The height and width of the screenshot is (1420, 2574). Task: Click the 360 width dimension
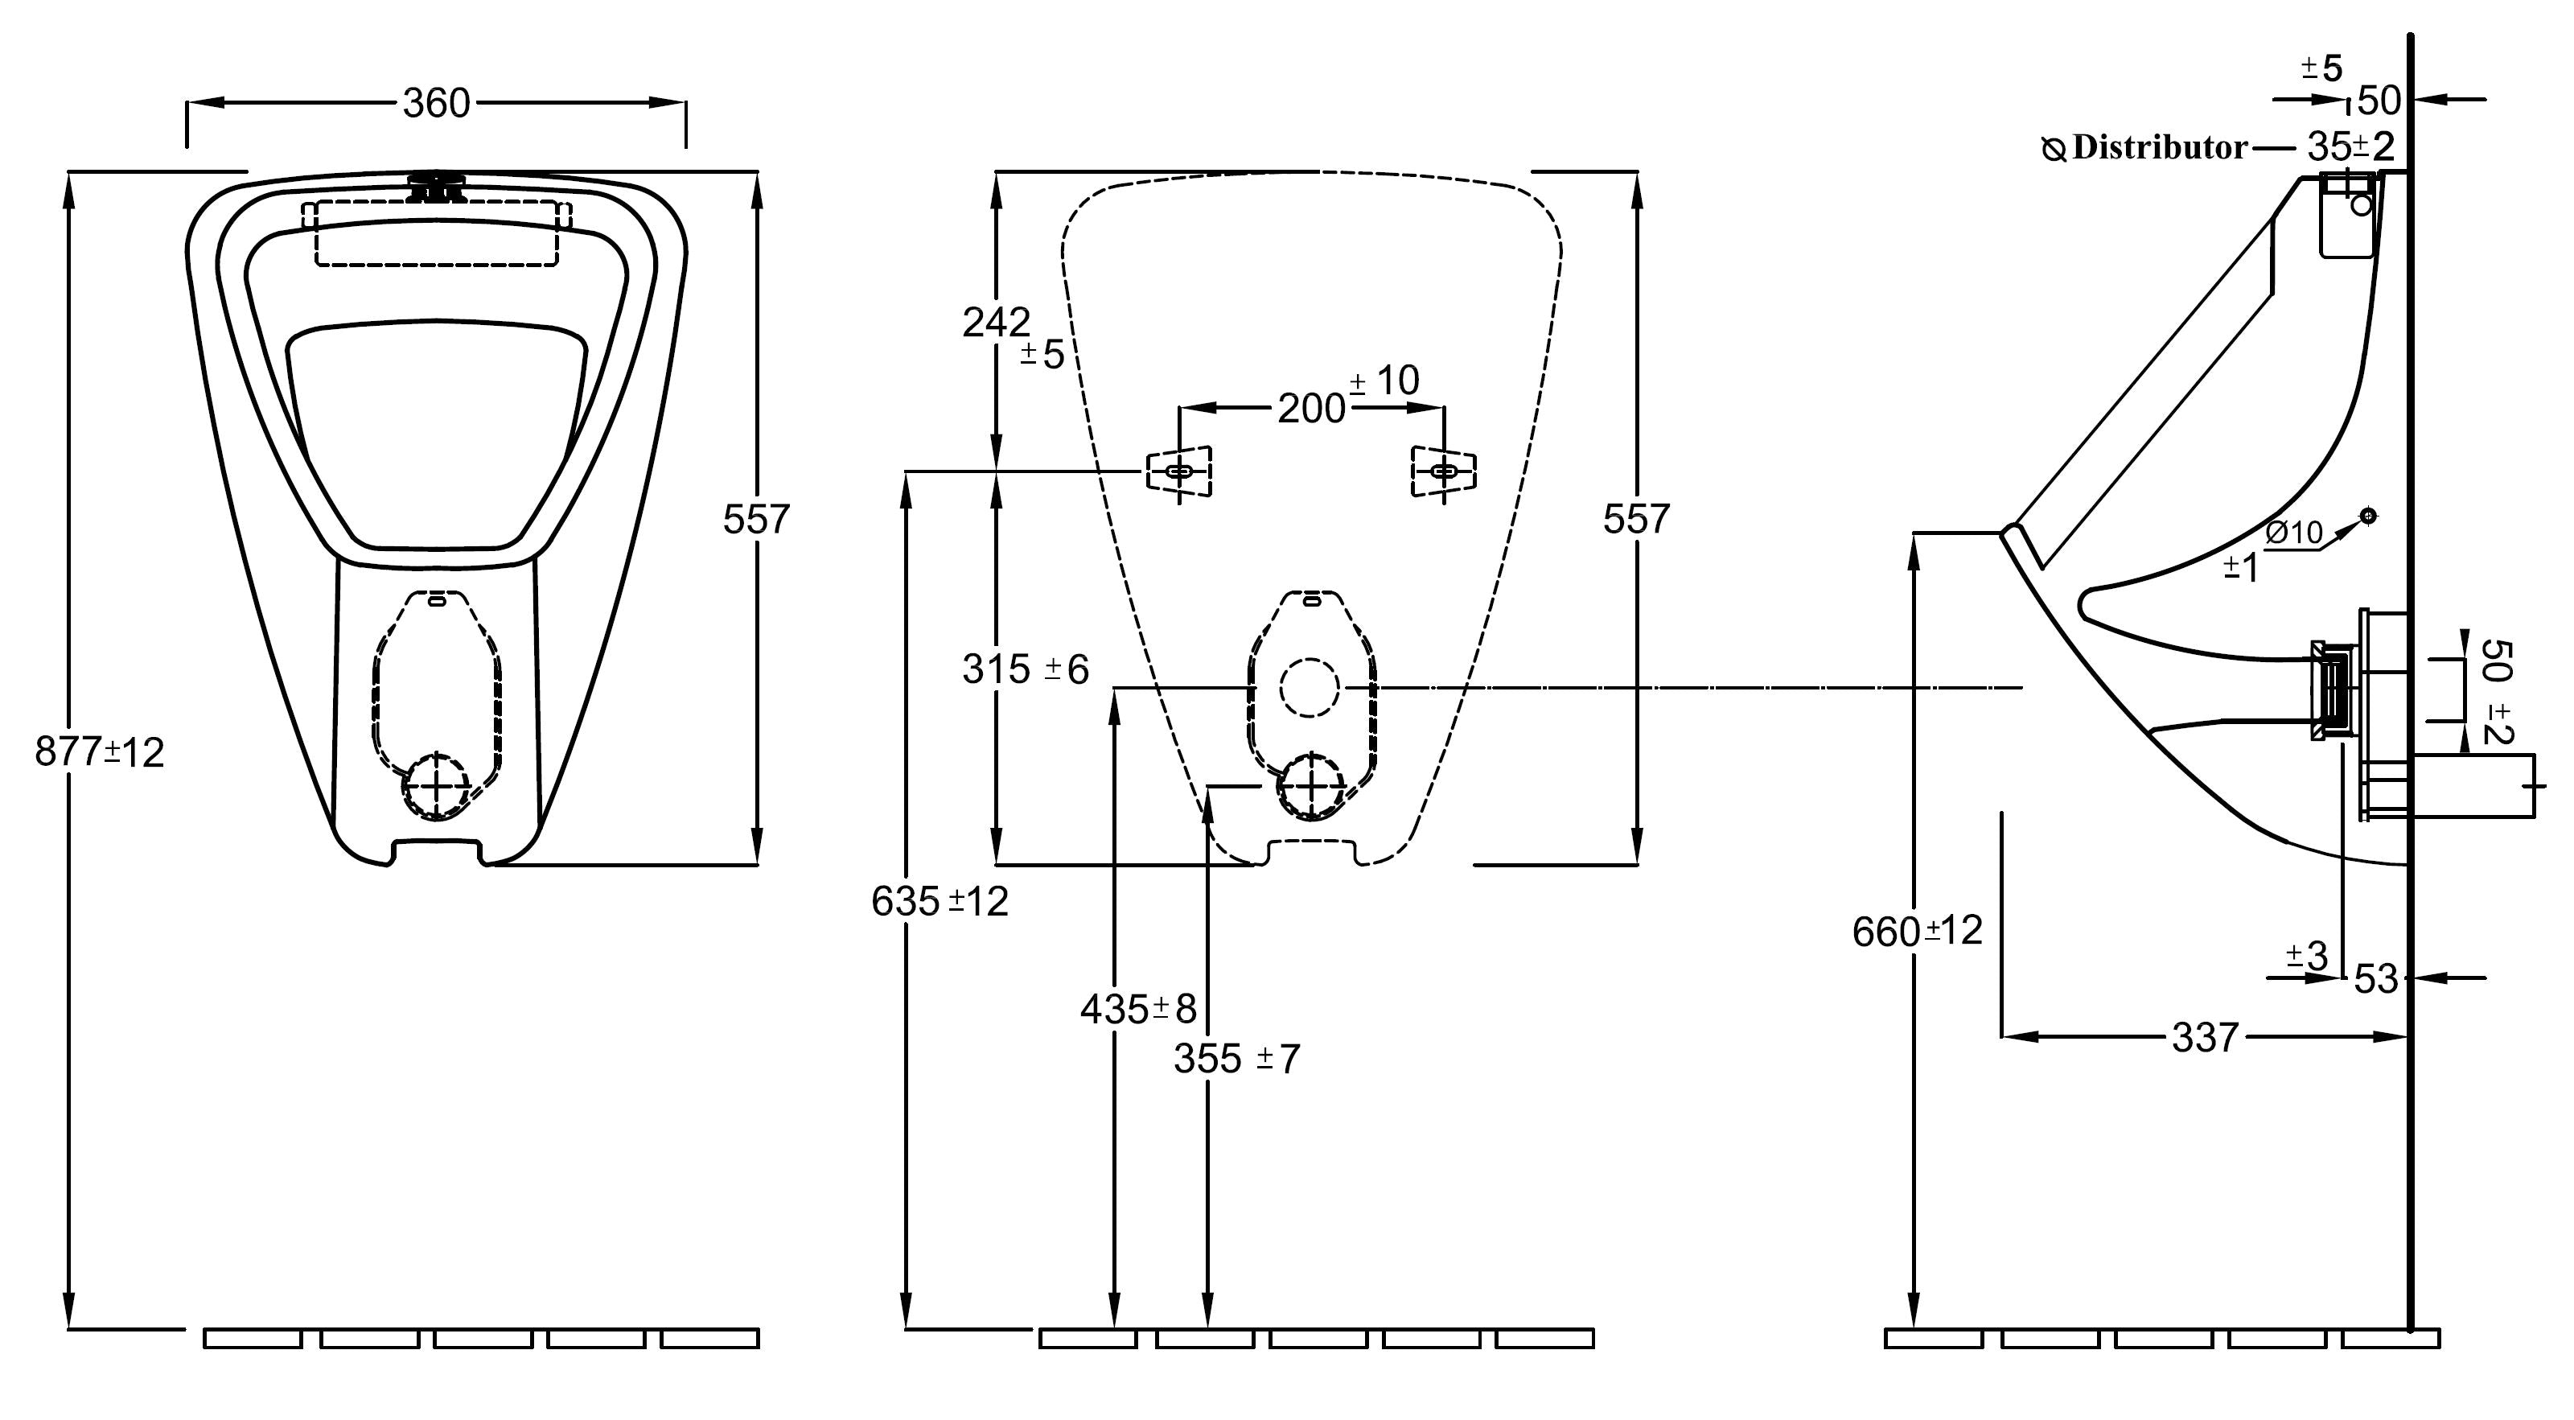pyautogui.click(x=436, y=103)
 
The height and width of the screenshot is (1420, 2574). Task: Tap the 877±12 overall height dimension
pyautogui.click(x=99, y=751)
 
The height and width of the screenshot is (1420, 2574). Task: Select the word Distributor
pyautogui.click(x=2159, y=147)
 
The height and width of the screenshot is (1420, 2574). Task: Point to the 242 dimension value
pyautogui.click(x=997, y=322)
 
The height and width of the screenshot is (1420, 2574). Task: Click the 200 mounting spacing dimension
pyautogui.click(x=1312, y=408)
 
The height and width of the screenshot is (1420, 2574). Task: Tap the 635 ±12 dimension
pyautogui.click(x=940, y=901)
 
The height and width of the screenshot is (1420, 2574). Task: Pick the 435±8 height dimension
pyautogui.click(x=1138, y=1010)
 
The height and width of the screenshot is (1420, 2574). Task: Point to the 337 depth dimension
pyautogui.click(x=2204, y=1037)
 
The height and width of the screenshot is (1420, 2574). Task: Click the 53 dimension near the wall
pyautogui.click(x=2376, y=978)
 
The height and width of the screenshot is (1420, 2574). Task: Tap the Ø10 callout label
pyautogui.click(x=2294, y=533)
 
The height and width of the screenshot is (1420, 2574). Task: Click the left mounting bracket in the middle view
pyautogui.click(x=1179, y=471)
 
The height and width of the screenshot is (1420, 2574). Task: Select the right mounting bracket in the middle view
pyautogui.click(x=1444, y=471)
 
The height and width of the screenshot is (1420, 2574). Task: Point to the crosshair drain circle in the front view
pyautogui.click(x=437, y=787)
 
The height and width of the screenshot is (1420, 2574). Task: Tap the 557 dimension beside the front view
pyautogui.click(x=756, y=519)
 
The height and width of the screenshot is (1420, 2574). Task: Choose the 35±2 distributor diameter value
pyautogui.click(x=2350, y=147)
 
